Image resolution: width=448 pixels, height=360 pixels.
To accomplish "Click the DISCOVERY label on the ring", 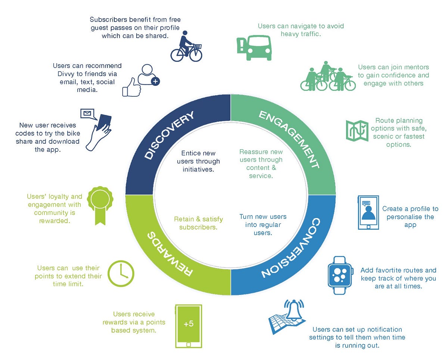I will tap(170, 136).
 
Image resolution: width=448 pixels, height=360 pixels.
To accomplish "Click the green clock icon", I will tap(121, 274).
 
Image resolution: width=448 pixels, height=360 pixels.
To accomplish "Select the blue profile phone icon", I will tap(368, 212).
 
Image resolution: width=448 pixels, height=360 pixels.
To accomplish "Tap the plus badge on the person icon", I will tap(155, 81).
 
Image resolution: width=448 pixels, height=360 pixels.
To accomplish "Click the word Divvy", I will tap(63, 74).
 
